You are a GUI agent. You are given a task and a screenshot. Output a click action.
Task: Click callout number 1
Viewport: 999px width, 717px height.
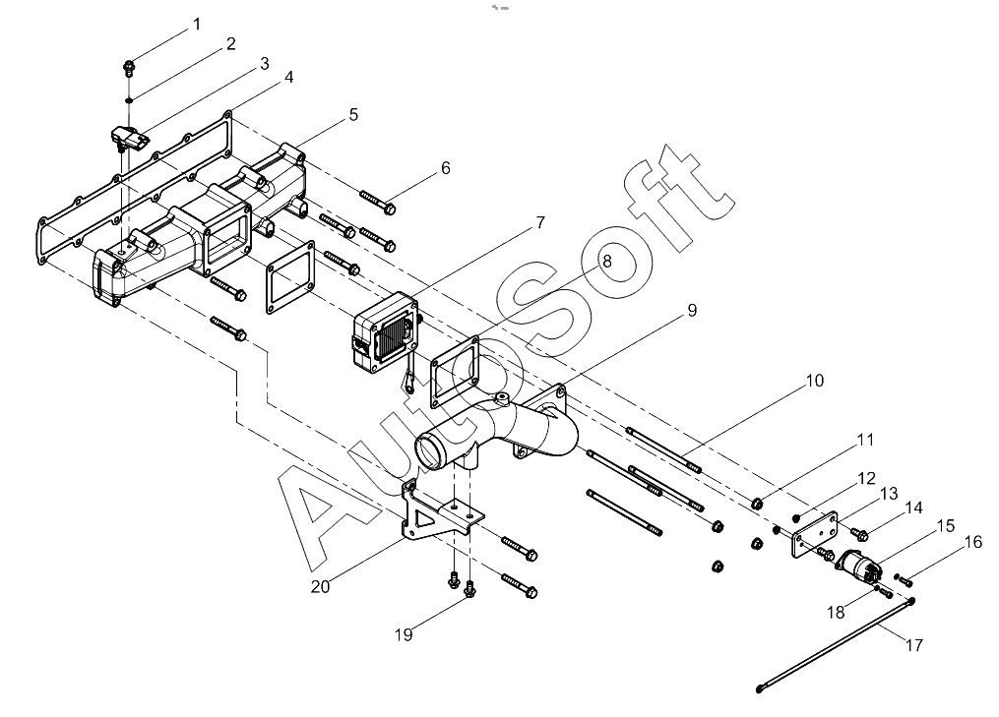(197, 25)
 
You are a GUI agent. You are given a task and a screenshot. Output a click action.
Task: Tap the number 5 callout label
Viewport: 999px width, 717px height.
(353, 115)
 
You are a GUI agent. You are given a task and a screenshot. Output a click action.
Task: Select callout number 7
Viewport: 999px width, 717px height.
(540, 222)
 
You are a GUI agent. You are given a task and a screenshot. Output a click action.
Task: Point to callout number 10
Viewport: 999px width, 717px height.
(815, 381)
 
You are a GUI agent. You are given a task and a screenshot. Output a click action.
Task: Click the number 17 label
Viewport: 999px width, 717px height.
(914, 645)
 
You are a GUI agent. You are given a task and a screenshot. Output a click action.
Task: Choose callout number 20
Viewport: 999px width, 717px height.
(321, 586)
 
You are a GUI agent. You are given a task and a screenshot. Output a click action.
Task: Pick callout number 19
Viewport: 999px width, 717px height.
(404, 634)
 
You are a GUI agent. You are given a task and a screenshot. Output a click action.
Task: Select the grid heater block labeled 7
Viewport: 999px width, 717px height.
(386, 332)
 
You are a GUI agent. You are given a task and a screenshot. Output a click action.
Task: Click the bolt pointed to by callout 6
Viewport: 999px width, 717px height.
(379, 201)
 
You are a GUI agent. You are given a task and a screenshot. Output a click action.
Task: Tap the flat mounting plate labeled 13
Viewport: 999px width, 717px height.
(814, 534)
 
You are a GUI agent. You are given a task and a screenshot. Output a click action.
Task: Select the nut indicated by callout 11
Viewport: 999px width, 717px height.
(757, 504)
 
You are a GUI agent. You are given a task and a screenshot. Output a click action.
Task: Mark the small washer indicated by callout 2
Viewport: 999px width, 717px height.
(129, 100)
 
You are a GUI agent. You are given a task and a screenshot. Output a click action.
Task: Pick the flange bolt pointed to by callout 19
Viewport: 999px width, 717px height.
(470, 590)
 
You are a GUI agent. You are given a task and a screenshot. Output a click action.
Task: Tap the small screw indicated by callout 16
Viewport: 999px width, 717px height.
(904, 580)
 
